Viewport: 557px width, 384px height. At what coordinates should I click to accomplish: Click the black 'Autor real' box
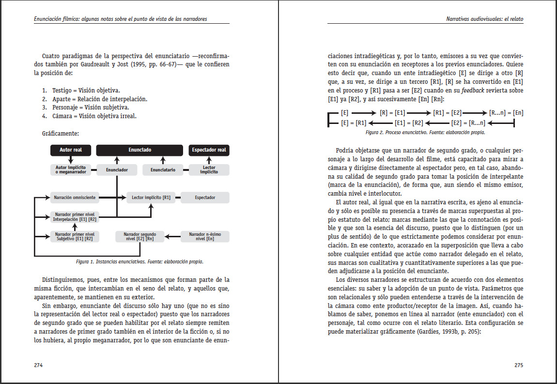click(71, 150)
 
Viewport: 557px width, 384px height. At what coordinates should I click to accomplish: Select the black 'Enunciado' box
click(140, 150)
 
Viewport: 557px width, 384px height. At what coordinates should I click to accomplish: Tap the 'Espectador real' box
click(209, 150)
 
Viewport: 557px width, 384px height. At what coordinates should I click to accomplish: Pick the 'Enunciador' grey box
click(117, 170)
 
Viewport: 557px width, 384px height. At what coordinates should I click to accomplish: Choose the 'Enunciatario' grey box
click(163, 170)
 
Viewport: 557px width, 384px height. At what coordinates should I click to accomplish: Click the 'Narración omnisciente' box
click(75, 198)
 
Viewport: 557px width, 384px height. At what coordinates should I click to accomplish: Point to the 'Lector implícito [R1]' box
click(151, 198)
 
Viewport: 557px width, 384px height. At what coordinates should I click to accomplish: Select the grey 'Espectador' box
click(205, 198)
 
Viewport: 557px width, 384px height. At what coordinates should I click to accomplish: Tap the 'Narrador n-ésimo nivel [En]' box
click(205, 236)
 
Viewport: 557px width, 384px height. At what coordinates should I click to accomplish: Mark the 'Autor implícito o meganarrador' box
click(71, 170)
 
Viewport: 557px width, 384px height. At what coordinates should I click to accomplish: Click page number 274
click(38, 365)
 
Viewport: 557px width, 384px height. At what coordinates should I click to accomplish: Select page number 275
click(518, 365)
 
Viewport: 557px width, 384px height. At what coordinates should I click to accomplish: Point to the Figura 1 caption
click(139, 261)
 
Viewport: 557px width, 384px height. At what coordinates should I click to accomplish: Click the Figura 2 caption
click(425, 132)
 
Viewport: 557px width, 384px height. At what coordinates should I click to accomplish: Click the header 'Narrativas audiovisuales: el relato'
click(484, 19)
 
